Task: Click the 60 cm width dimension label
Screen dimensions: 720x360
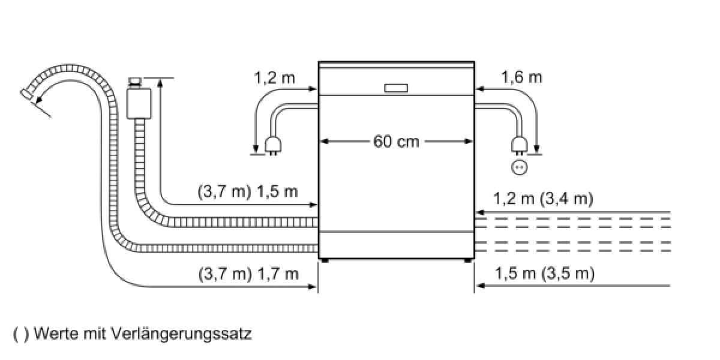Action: click(x=396, y=142)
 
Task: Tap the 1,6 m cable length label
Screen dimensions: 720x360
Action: click(x=521, y=77)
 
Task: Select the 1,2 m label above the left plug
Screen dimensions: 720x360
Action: click(x=275, y=78)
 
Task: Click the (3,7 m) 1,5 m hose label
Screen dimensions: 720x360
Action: click(x=247, y=192)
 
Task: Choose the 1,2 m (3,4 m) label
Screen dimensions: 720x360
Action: click(x=543, y=199)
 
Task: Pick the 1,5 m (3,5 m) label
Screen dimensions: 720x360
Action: click(x=545, y=274)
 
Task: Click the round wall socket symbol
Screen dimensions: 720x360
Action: click(x=519, y=167)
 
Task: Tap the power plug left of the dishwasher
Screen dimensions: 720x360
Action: click(x=273, y=146)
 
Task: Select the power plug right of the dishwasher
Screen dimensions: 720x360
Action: click(x=520, y=145)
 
